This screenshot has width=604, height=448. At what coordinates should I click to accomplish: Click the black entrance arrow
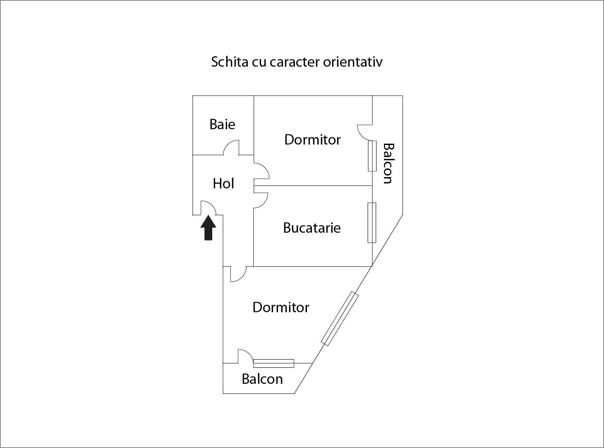pos(209,228)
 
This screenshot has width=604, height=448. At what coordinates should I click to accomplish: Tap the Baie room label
pos(222,124)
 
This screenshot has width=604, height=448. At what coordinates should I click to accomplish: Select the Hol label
pos(223,183)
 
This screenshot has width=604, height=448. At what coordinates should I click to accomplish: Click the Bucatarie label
pos(312,228)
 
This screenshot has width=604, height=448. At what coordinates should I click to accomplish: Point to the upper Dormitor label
pos(312,140)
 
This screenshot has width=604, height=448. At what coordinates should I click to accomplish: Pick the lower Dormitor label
pos(281,307)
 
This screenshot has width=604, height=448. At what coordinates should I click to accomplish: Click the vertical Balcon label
pos(388,163)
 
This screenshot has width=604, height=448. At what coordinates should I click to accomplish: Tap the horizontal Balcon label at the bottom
pos(262,379)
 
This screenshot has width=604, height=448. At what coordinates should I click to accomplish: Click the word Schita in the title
pos(230,62)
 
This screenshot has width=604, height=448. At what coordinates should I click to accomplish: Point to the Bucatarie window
pos(372,222)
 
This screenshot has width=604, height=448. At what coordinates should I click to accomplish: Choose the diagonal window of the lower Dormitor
pos(340,318)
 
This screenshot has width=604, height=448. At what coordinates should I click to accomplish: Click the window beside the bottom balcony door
pos(273,363)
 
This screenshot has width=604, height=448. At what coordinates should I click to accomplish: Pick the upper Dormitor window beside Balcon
pos(372,156)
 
